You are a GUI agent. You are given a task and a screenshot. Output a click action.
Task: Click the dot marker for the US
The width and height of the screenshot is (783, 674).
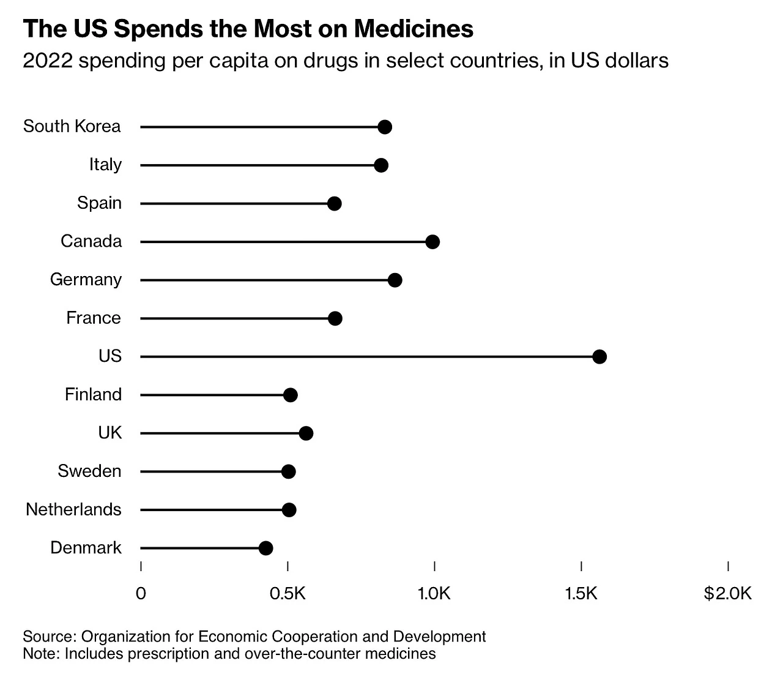[599, 357]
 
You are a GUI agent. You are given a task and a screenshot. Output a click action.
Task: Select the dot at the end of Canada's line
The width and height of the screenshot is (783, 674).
[432, 242]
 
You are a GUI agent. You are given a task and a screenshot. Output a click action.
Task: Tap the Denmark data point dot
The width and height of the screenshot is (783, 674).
[265, 548]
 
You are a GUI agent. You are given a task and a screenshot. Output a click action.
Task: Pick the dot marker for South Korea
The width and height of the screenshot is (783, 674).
[385, 127]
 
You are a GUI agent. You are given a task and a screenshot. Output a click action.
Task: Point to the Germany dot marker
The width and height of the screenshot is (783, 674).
[395, 280]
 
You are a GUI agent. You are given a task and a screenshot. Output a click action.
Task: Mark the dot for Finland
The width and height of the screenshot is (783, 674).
[291, 395]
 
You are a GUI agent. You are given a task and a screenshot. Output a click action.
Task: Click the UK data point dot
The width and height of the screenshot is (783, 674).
[306, 433]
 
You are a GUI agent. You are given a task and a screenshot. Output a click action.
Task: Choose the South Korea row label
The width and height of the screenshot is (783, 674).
[72, 126]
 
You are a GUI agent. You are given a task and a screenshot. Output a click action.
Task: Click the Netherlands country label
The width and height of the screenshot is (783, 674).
[73, 509]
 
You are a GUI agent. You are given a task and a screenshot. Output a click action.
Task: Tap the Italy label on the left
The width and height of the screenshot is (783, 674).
[105, 165]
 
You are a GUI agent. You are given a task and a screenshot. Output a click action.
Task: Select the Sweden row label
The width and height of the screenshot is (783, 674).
[89, 471]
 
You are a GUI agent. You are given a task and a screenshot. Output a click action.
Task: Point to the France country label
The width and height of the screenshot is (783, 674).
[94, 318]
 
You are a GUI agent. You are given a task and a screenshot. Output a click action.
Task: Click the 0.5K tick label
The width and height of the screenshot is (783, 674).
[287, 593]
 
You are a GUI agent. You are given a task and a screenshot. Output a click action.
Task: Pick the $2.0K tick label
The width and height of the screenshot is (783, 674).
[727, 593]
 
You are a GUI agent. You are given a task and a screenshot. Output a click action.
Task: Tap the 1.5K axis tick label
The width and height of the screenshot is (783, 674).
[581, 593]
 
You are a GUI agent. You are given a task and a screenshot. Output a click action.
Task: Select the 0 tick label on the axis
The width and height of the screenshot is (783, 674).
[141, 593]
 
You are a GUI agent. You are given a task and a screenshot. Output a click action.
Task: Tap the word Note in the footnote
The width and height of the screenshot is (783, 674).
[40, 653]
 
